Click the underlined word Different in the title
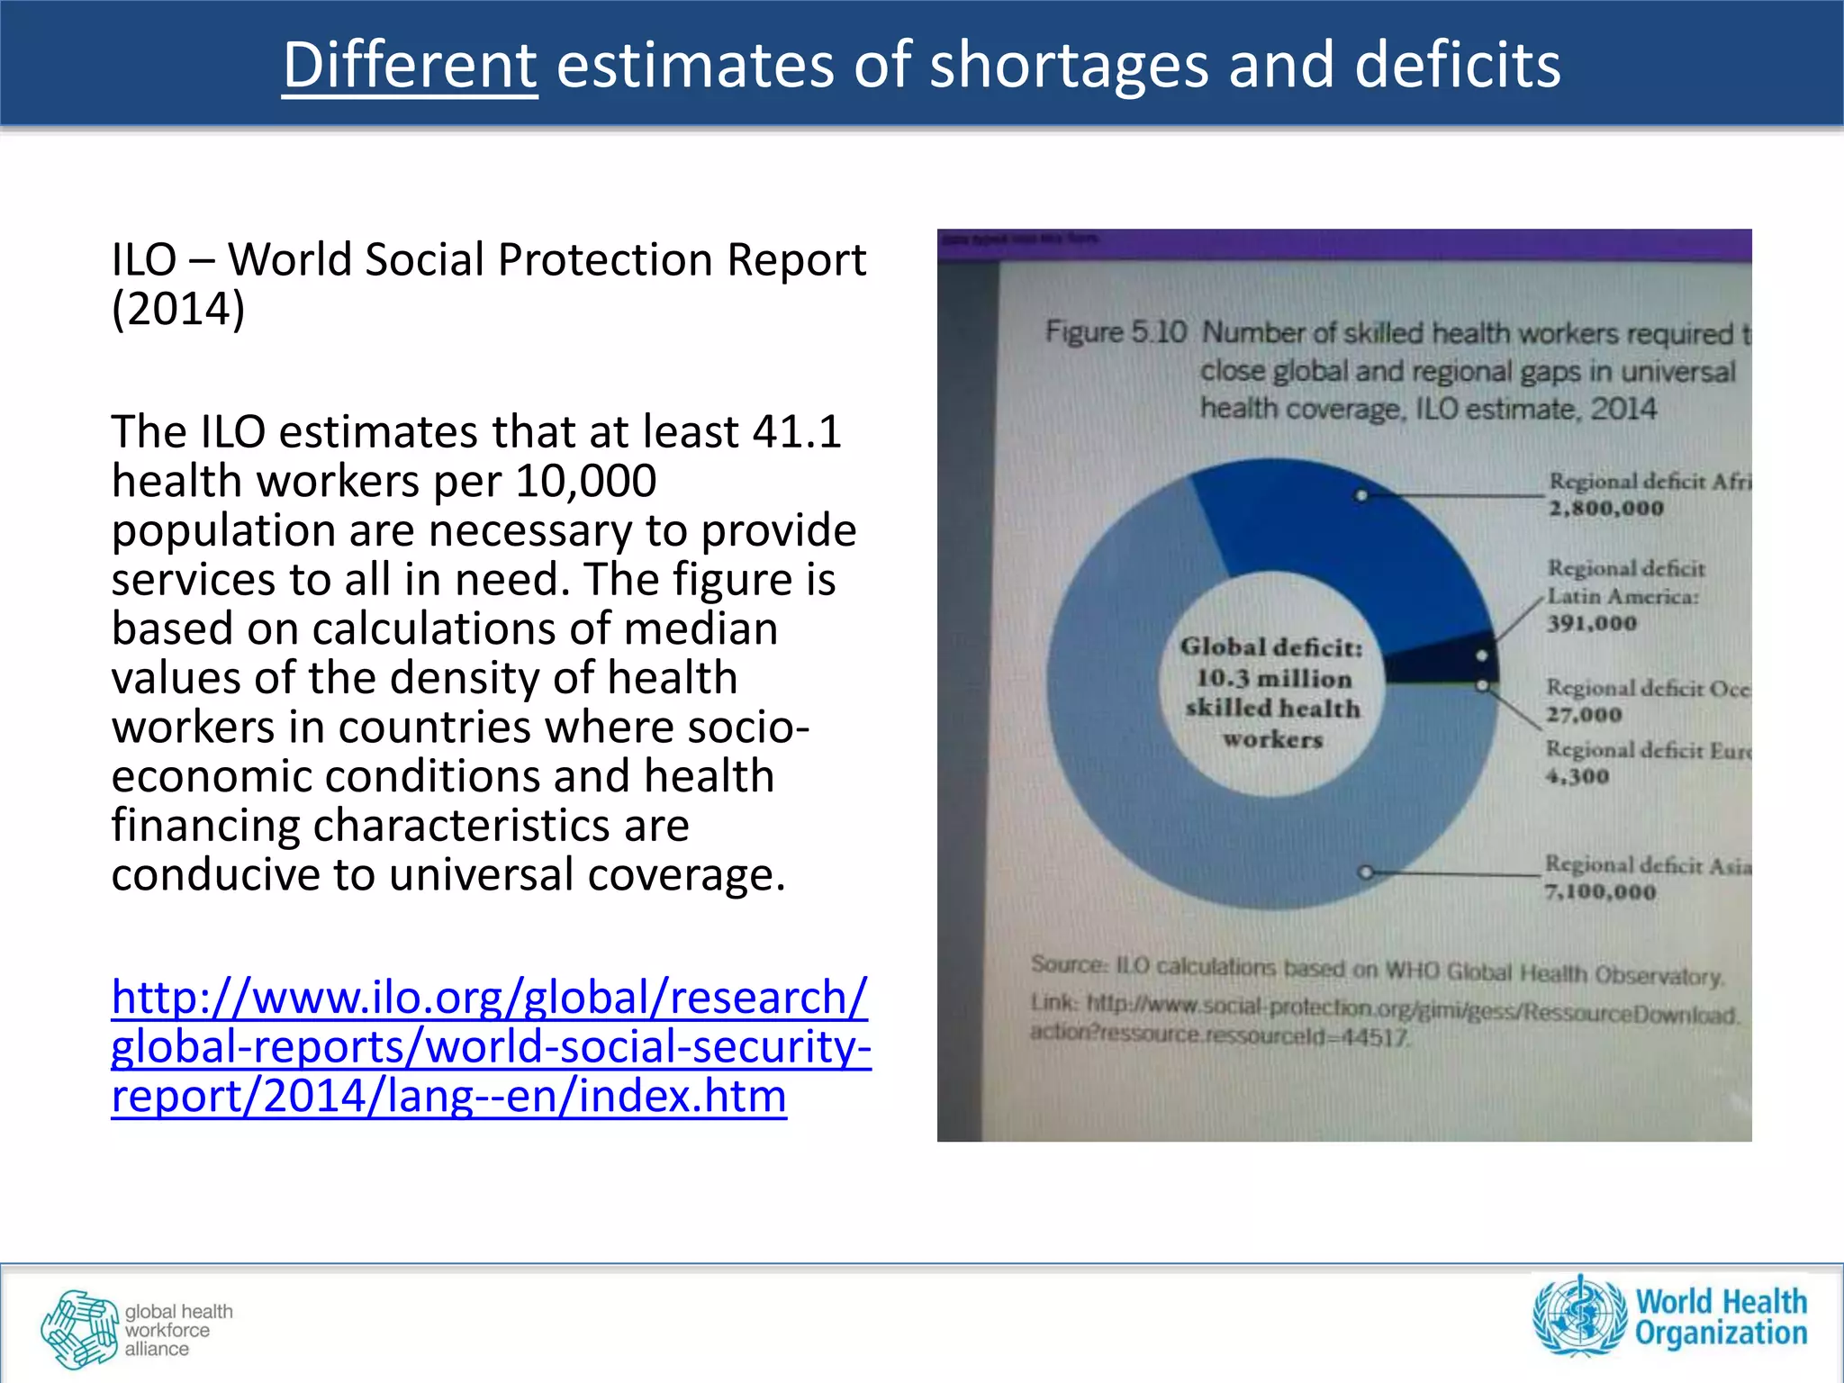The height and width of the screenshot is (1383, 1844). pos(410,65)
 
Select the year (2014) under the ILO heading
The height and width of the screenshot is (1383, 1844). pos(178,309)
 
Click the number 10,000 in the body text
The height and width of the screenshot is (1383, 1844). pos(585,481)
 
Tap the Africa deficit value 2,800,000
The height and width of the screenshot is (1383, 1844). pos(1605,509)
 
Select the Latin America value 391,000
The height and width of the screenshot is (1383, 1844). pos(1591,623)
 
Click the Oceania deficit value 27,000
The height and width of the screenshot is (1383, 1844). pos(1584,715)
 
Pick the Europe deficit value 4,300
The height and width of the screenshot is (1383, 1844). pos(1577,776)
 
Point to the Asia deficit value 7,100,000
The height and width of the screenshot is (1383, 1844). pos(1600,892)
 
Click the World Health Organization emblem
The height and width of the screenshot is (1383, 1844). pos(1579,1315)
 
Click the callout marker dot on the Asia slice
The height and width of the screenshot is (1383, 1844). pos(1365,872)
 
